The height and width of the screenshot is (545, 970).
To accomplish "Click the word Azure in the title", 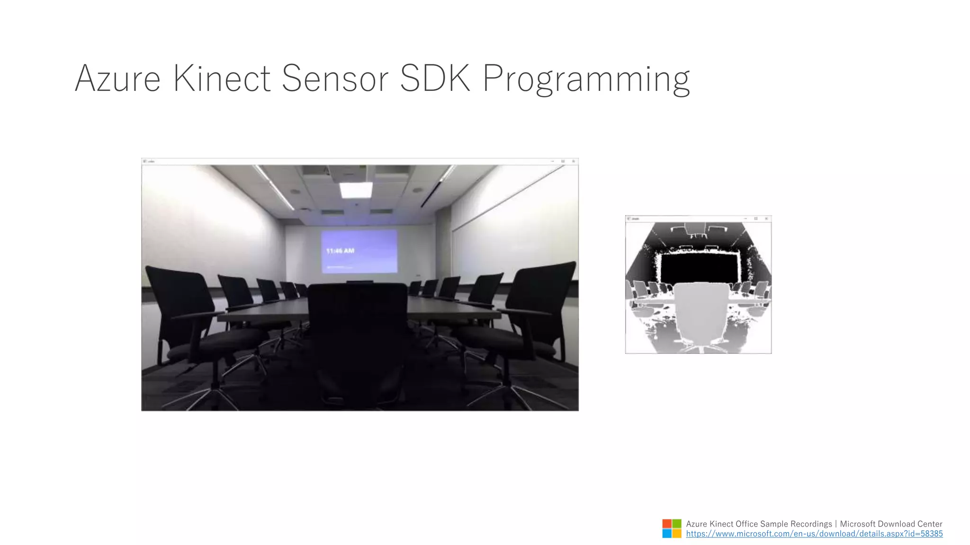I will (117, 79).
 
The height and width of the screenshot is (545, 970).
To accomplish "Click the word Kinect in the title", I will (222, 79).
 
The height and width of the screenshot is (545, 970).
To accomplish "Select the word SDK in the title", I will (435, 79).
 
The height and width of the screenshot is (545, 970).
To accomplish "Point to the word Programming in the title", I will (586, 79).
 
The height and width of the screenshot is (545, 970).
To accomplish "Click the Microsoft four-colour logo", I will (672, 528).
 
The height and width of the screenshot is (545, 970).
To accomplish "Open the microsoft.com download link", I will (814, 534).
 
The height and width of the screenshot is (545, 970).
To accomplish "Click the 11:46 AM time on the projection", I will (340, 251).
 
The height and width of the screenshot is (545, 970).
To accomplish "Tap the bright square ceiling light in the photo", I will (356, 190).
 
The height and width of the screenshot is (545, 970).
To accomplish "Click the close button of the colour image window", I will (573, 161).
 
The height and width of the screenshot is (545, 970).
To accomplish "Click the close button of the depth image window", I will (766, 219).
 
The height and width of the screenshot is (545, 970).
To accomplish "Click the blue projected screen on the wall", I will (359, 251).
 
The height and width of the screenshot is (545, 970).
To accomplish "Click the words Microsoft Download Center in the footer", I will (891, 524).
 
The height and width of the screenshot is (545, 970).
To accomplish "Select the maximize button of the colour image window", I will (563, 161).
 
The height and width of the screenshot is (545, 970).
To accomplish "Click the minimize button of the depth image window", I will (745, 219).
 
